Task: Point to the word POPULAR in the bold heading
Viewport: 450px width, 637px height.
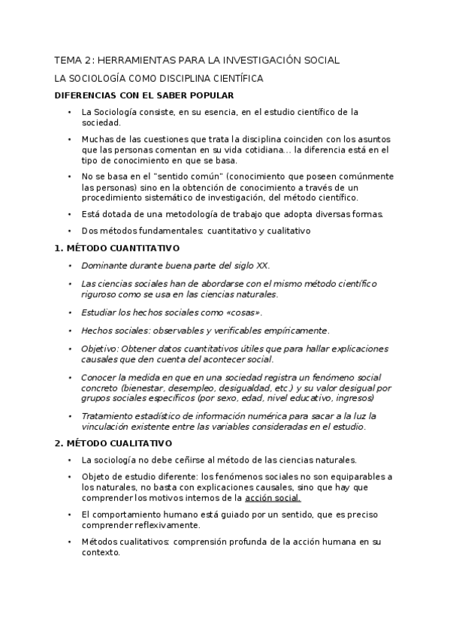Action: click(211, 95)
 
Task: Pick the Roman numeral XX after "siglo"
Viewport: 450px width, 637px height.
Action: click(261, 266)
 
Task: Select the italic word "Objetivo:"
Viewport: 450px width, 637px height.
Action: click(100, 349)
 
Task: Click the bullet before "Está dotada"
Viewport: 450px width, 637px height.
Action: click(69, 214)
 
